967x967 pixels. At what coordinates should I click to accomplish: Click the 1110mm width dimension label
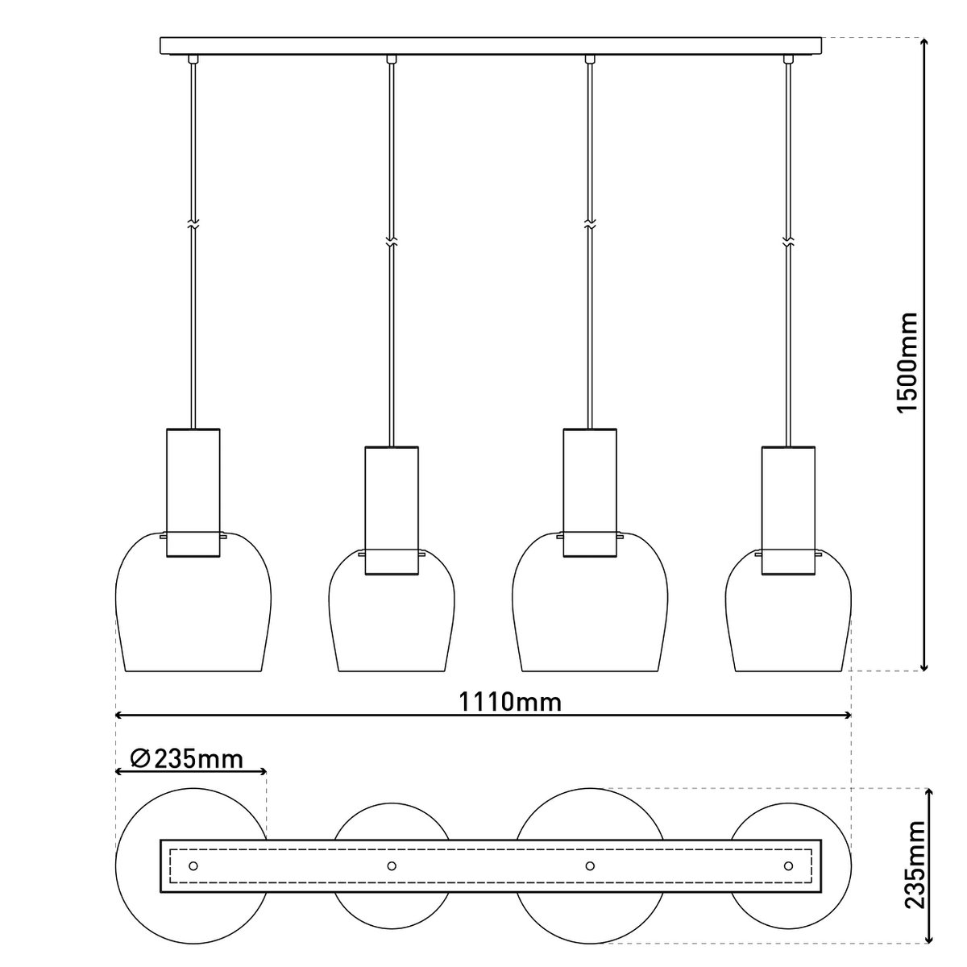pos(510,702)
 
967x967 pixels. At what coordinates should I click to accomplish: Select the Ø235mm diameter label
pos(186,758)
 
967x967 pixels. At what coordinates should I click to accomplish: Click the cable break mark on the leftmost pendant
pos(193,225)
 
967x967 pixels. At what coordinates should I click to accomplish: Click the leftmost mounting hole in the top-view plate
pos(193,865)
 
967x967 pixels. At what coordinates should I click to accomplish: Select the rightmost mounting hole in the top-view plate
pos(788,865)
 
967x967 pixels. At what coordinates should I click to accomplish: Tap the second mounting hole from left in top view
pos(392,865)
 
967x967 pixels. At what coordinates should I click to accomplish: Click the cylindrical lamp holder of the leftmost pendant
pos(193,492)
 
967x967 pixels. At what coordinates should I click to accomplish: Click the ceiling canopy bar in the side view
pos(492,46)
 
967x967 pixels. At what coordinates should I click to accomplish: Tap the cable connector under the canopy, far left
pos(193,59)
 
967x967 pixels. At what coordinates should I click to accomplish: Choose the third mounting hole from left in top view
pos(591,865)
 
